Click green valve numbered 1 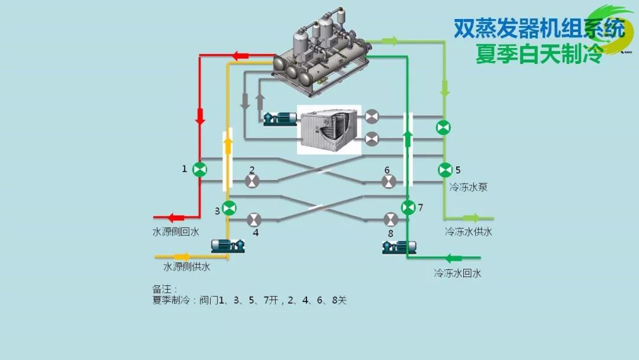200,170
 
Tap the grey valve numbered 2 252,181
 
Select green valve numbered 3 229,208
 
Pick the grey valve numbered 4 254,220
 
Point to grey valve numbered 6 389,181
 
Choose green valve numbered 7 408,208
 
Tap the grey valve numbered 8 390,220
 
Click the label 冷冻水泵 469,187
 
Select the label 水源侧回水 176,232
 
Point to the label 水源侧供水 186,267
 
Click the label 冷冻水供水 469,232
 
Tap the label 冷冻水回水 457,274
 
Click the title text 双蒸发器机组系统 539,28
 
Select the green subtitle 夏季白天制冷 539,54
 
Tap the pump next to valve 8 399,246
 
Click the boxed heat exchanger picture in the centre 329,130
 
